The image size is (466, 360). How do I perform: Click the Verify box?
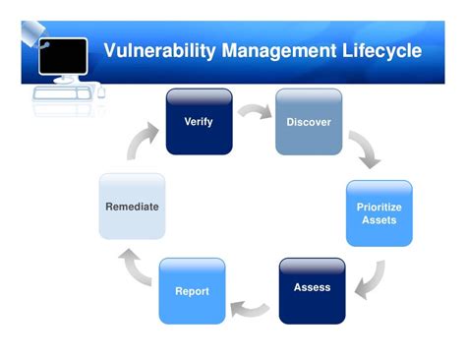199,121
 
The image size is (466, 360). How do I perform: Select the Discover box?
308,121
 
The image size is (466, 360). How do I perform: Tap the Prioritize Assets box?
379,212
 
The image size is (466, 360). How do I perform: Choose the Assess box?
312,289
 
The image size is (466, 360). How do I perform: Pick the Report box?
192,290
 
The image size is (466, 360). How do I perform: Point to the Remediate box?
132,207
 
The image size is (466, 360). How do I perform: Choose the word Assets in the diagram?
379,220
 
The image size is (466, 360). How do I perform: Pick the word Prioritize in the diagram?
379,207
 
